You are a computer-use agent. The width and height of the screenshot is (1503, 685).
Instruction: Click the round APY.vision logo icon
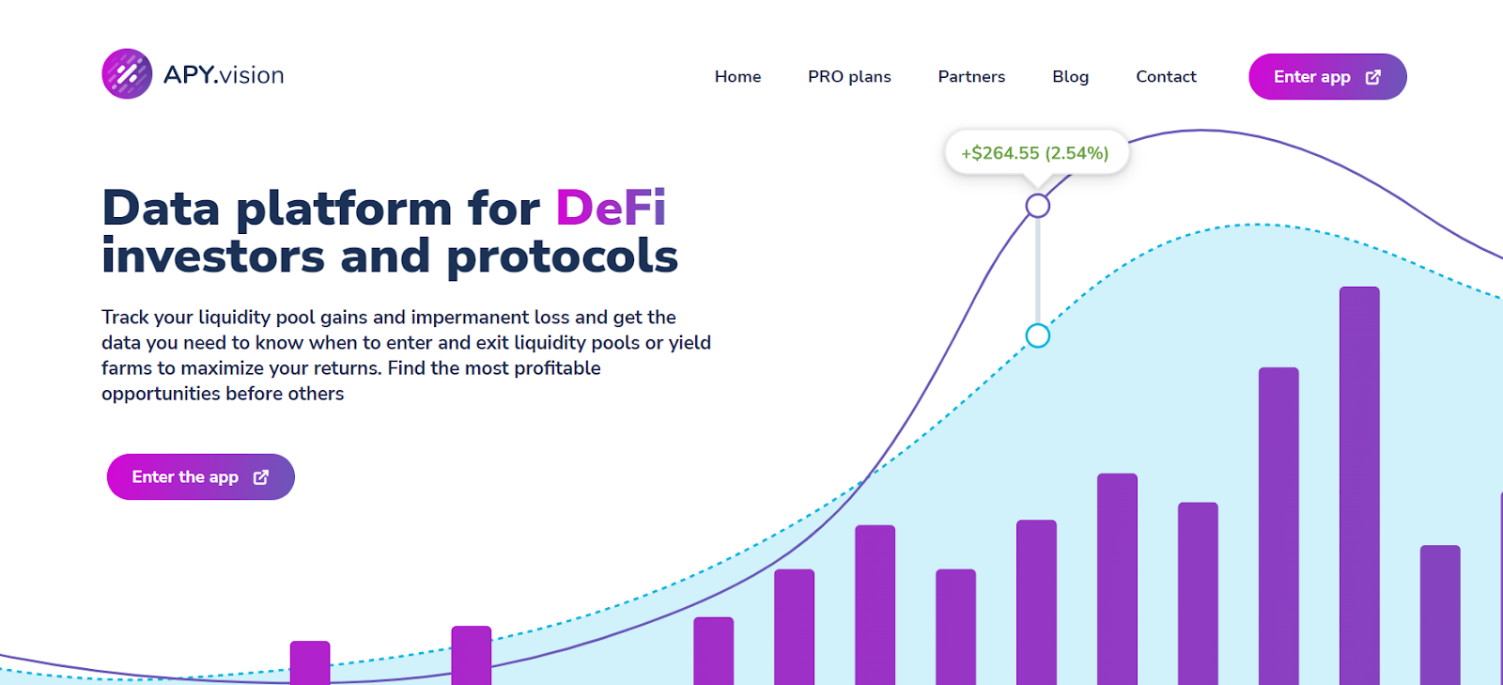click(x=127, y=74)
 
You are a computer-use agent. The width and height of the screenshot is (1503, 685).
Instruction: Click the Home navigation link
click(x=737, y=76)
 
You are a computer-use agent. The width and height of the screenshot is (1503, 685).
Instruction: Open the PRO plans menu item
click(x=849, y=76)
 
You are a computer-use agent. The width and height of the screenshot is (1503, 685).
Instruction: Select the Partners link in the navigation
click(x=971, y=76)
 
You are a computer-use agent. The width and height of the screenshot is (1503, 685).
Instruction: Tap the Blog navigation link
click(x=1070, y=76)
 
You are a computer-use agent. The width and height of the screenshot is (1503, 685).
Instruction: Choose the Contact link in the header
click(x=1166, y=76)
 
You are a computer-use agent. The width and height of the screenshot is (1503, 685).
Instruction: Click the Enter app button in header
click(x=1327, y=76)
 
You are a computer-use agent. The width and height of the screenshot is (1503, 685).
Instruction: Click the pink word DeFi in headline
click(x=611, y=208)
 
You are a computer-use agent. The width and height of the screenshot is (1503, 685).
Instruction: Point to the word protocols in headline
click(x=563, y=257)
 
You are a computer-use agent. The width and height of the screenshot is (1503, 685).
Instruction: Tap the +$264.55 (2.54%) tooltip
click(x=1036, y=153)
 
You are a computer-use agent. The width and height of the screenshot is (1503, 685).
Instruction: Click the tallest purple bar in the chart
click(x=1359, y=486)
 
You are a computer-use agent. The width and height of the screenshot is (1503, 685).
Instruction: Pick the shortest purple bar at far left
click(x=310, y=662)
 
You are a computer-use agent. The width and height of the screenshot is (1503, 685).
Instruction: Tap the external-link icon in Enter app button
click(x=1372, y=77)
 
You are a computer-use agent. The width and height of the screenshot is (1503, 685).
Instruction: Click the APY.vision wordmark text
click(x=224, y=75)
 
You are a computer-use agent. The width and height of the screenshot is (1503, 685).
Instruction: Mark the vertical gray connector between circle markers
click(x=1037, y=271)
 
